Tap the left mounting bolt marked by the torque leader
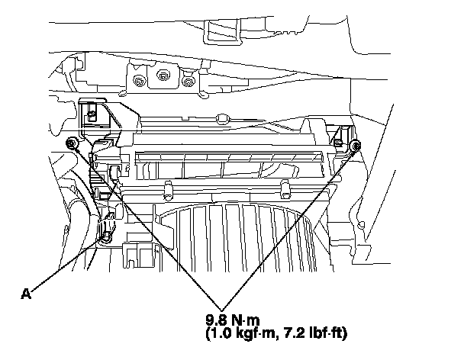pyautogui.click(x=70, y=143)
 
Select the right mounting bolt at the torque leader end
pyautogui.click(x=355, y=146)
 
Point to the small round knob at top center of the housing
pyautogui.click(x=220, y=117)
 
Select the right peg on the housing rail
pyautogui.click(x=283, y=186)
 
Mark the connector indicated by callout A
pyautogui.click(x=107, y=226)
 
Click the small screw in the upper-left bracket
pyautogui.click(x=92, y=115)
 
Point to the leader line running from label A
pyautogui.click(x=65, y=265)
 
